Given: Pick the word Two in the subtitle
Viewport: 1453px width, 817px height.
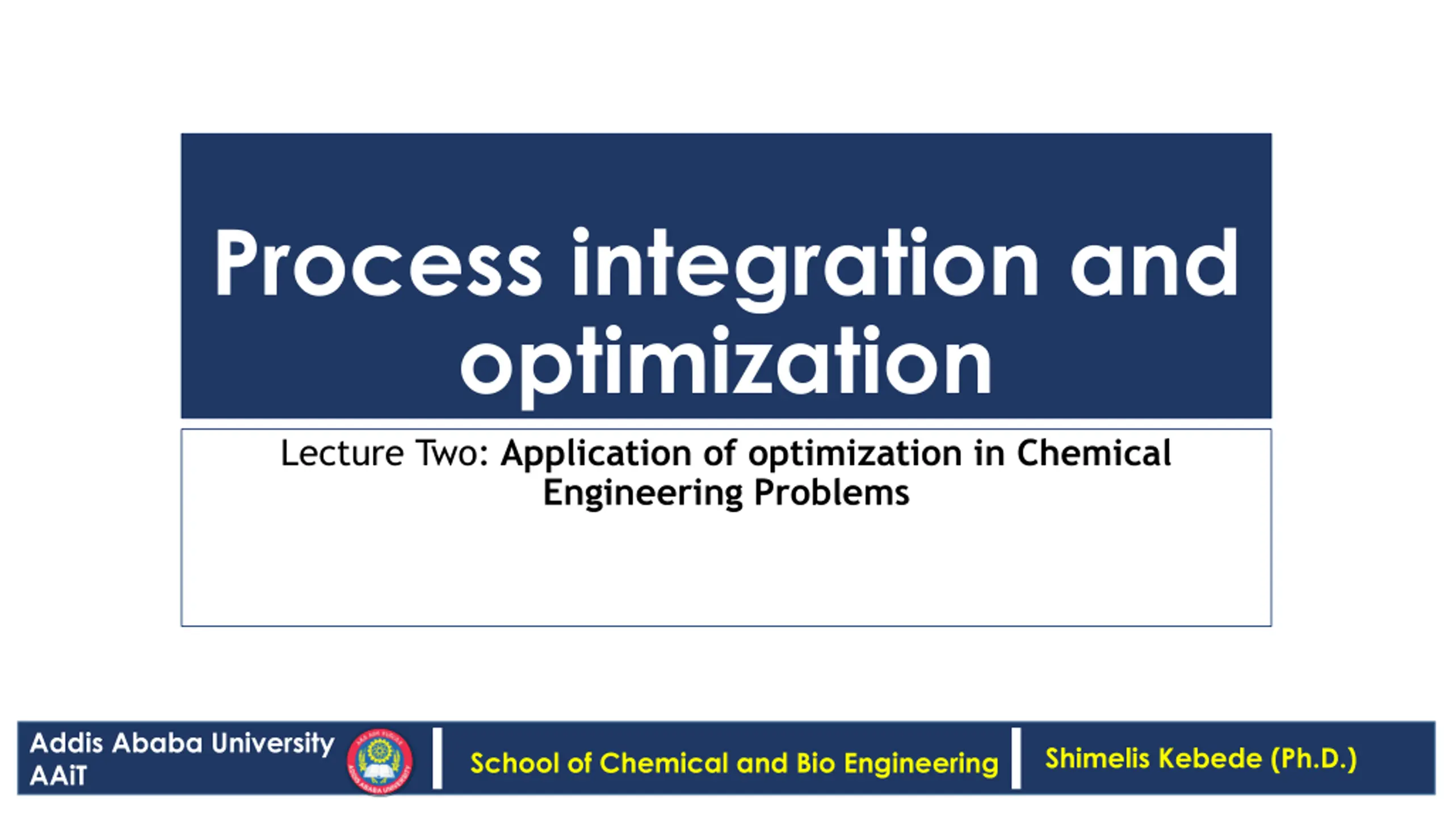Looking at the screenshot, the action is click(452, 453).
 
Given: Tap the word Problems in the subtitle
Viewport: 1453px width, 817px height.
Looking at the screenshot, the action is click(832, 492).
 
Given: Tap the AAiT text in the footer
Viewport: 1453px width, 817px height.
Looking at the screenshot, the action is click(58, 776).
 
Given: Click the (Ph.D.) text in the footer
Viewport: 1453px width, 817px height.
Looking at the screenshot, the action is click(1314, 759).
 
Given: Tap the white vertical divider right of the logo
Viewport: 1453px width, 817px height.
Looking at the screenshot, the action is click(437, 759).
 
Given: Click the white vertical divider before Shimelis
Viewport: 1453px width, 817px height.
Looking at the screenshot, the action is click(1016, 759).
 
